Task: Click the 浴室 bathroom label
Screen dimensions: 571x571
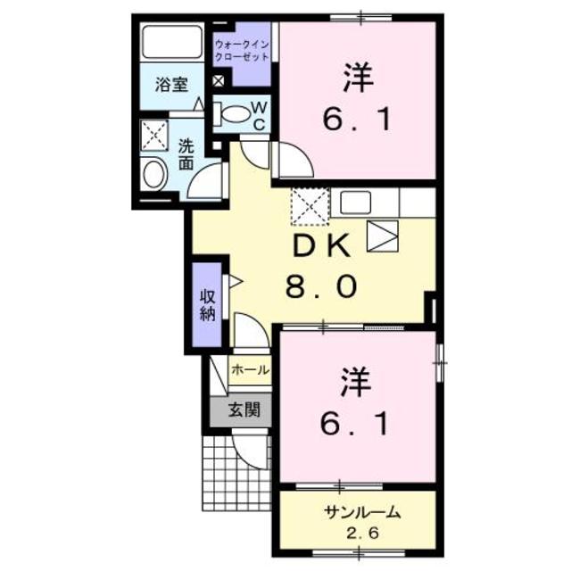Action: pos(171,85)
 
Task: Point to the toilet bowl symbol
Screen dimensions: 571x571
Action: pos(235,114)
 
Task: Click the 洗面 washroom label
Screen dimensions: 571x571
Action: pos(186,154)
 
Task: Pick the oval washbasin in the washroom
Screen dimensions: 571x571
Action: pos(153,173)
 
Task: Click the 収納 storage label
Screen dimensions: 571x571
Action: pos(207,305)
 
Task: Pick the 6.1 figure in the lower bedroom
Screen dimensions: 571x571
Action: pos(356,425)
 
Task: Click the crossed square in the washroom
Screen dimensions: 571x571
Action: pos(156,136)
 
